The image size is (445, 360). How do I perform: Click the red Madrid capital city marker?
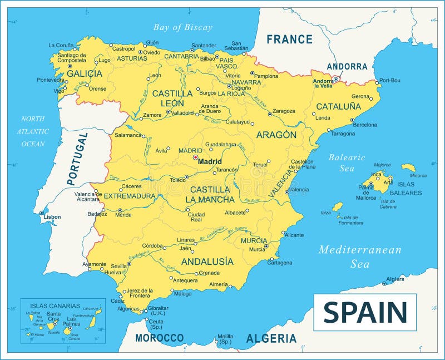[195, 157]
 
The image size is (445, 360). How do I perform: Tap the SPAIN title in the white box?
[365, 312]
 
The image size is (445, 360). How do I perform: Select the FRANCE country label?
[289, 40]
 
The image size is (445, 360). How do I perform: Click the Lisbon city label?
[53, 216]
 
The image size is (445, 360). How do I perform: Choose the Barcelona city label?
[365, 125]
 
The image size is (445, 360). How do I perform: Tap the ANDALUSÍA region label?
[207, 261]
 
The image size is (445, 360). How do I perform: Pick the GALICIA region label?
[85, 73]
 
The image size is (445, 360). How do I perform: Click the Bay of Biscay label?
[183, 27]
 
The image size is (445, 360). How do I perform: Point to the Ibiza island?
[338, 207]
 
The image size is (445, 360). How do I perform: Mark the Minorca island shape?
[408, 167]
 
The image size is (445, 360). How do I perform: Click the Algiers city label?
[395, 279]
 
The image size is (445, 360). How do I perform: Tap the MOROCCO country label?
[159, 338]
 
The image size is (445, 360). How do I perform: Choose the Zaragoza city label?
[284, 111]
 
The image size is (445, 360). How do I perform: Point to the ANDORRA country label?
[347, 66]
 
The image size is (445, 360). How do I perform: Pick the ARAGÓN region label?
[276, 135]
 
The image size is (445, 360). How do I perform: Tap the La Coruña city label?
[61, 46]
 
